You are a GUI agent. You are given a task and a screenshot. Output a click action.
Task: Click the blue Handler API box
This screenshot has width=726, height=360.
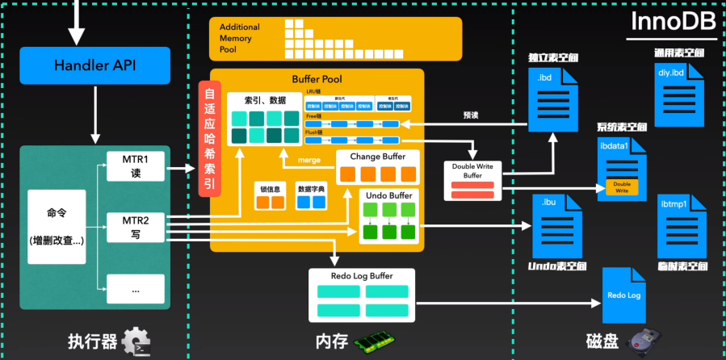click(95, 65)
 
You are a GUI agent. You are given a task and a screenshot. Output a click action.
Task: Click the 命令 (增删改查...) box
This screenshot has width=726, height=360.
click(57, 227)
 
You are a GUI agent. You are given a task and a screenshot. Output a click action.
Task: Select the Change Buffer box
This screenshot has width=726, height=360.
click(378, 167)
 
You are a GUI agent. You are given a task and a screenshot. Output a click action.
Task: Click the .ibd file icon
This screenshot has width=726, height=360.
click(552, 98)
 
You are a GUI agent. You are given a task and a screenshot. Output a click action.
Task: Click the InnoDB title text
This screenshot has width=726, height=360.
click(675, 23)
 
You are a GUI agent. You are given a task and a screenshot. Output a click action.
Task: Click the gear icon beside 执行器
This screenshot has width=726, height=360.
click(135, 341)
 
